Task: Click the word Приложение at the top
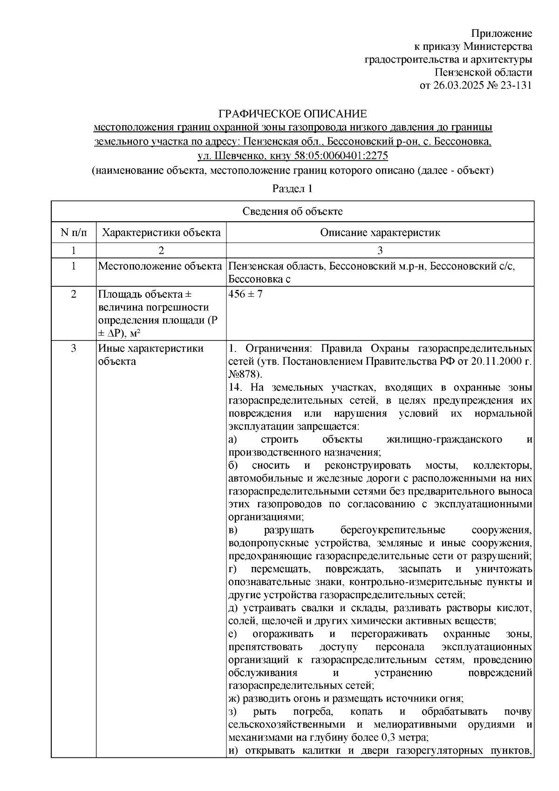point(502,34)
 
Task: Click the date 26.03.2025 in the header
point(456,85)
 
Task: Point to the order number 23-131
point(516,85)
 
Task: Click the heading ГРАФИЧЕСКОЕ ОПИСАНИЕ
point(293,114)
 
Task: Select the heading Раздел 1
point(292,189)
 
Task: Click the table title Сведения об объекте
point(293,211)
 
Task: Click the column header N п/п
point(73,232)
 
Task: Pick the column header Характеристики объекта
point(161,232)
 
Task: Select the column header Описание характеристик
point(380,232)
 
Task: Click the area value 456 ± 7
point(245,294)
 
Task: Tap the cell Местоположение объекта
point(160,266)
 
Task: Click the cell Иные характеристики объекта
point(150,355)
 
